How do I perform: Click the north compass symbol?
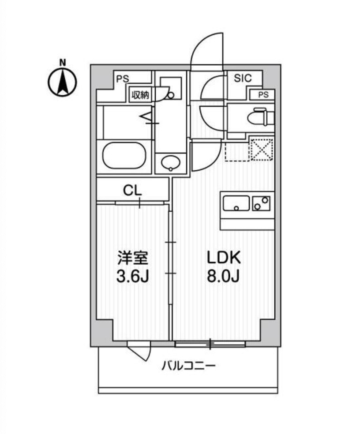click(x=62, y=82)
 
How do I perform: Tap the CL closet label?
click(x=132, y=191)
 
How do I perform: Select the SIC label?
click(x=242, y=79)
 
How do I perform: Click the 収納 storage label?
click(x=140, y=95)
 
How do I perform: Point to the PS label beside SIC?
click(x=263, y=94)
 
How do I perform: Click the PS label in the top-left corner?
click(x=122, y=79)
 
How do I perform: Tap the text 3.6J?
click(x=132, y=277)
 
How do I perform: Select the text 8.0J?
click(x=223, y=277)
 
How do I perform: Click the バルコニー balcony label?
click(x=188, y=366)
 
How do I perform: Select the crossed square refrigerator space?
click(x=261, y=149)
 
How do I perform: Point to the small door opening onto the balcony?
click(x=140, y=351)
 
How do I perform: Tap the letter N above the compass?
click(x=63, y=63)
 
